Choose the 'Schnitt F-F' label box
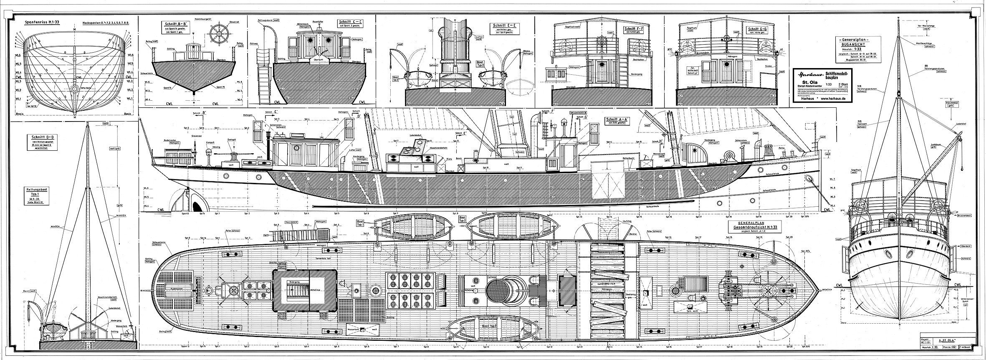[633, 30]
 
